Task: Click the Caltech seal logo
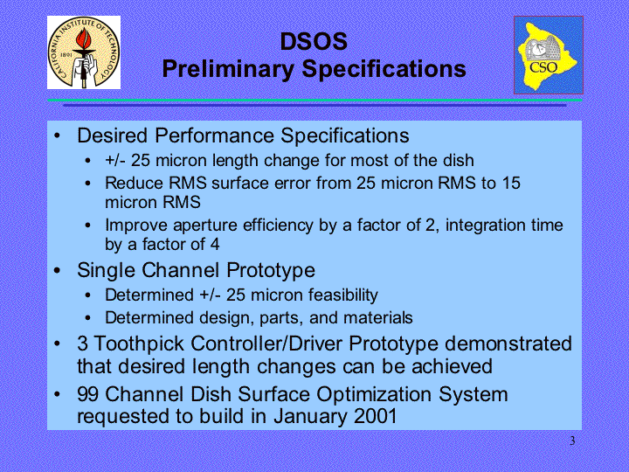(x=84, y=52)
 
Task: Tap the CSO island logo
(x=549, y=55)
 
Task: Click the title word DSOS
(x=314, y=41)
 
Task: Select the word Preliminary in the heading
(x=228, y=69)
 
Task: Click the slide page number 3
(x=572, y=441)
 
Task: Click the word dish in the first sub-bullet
(x=459, y=161)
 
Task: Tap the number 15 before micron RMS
(x=511, y=183)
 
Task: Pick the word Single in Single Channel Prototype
(x=106, y=270)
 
